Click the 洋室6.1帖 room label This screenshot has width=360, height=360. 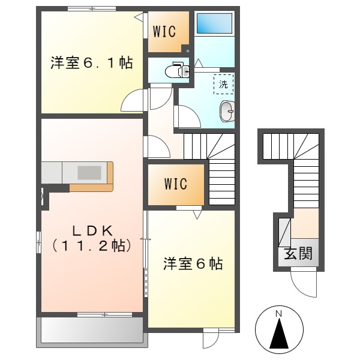coord(91,62)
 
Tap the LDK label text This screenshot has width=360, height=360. coord(92,229)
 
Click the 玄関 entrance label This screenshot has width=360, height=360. coord(298,254)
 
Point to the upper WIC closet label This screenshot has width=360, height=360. coord(164,32)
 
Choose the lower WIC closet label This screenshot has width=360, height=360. coord(175,184)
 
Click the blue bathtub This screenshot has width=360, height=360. coord(214,23)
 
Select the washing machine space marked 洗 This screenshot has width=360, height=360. coord(223,85)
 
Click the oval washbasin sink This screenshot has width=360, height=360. coord(227,111)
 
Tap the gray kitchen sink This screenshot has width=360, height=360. coord(89,172)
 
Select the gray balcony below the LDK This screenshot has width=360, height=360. coord(91,331)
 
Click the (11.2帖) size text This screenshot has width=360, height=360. coord(92,245)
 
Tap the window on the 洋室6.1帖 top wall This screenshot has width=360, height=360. coord(92,8)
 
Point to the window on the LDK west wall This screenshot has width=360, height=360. coord(39,244)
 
